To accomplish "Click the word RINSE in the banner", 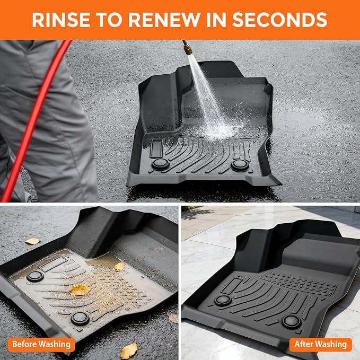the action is [61, 20].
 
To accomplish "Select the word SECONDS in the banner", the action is [279, 20].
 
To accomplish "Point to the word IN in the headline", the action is [217, 20].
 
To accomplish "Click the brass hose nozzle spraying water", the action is [187, 47].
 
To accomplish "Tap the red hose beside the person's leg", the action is [34, 119].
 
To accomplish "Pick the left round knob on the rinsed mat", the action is [161, 164].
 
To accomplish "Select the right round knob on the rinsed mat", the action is [240, 165].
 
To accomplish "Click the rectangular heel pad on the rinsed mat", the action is [156, 148].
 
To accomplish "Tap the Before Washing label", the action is [41, 345].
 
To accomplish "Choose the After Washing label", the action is [321, 345].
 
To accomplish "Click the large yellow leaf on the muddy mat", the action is [80, 290].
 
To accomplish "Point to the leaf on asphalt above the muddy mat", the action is [32, 241].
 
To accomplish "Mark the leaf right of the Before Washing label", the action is [128, 350].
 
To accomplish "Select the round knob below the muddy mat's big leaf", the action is [80, 319].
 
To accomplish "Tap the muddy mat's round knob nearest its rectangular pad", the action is [35, 276].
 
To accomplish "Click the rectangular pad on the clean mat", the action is [232, 285].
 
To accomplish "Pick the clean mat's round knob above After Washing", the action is [292, 322].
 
